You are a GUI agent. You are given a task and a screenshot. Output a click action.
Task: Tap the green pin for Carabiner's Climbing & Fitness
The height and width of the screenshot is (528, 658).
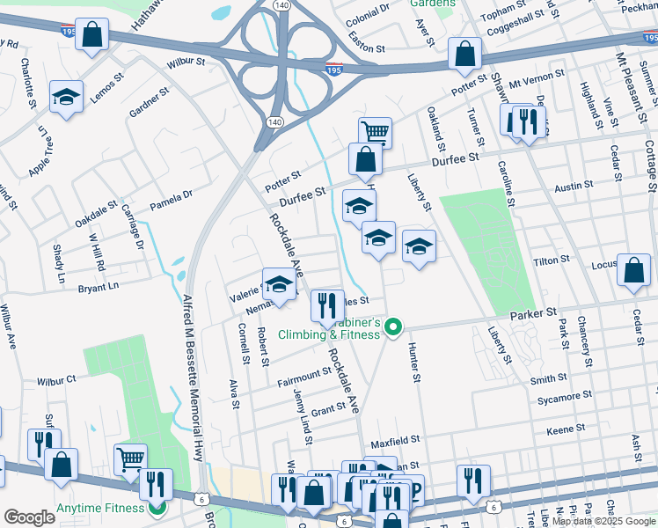(393, 329)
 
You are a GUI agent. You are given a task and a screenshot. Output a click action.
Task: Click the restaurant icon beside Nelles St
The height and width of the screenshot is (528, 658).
(327, 306)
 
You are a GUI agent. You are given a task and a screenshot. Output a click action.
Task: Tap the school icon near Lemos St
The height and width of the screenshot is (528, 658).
(66, 98)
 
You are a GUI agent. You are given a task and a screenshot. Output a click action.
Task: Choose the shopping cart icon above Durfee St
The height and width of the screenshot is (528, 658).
(375, 133)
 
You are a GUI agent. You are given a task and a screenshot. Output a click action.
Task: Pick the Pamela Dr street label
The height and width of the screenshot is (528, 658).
(171, 205)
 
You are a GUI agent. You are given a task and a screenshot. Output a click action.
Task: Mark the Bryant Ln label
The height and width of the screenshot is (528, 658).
(98, 288)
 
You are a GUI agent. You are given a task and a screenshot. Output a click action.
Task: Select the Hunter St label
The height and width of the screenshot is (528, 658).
(413, 363)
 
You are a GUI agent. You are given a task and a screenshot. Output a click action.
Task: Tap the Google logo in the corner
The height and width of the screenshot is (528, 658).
(29, 517)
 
